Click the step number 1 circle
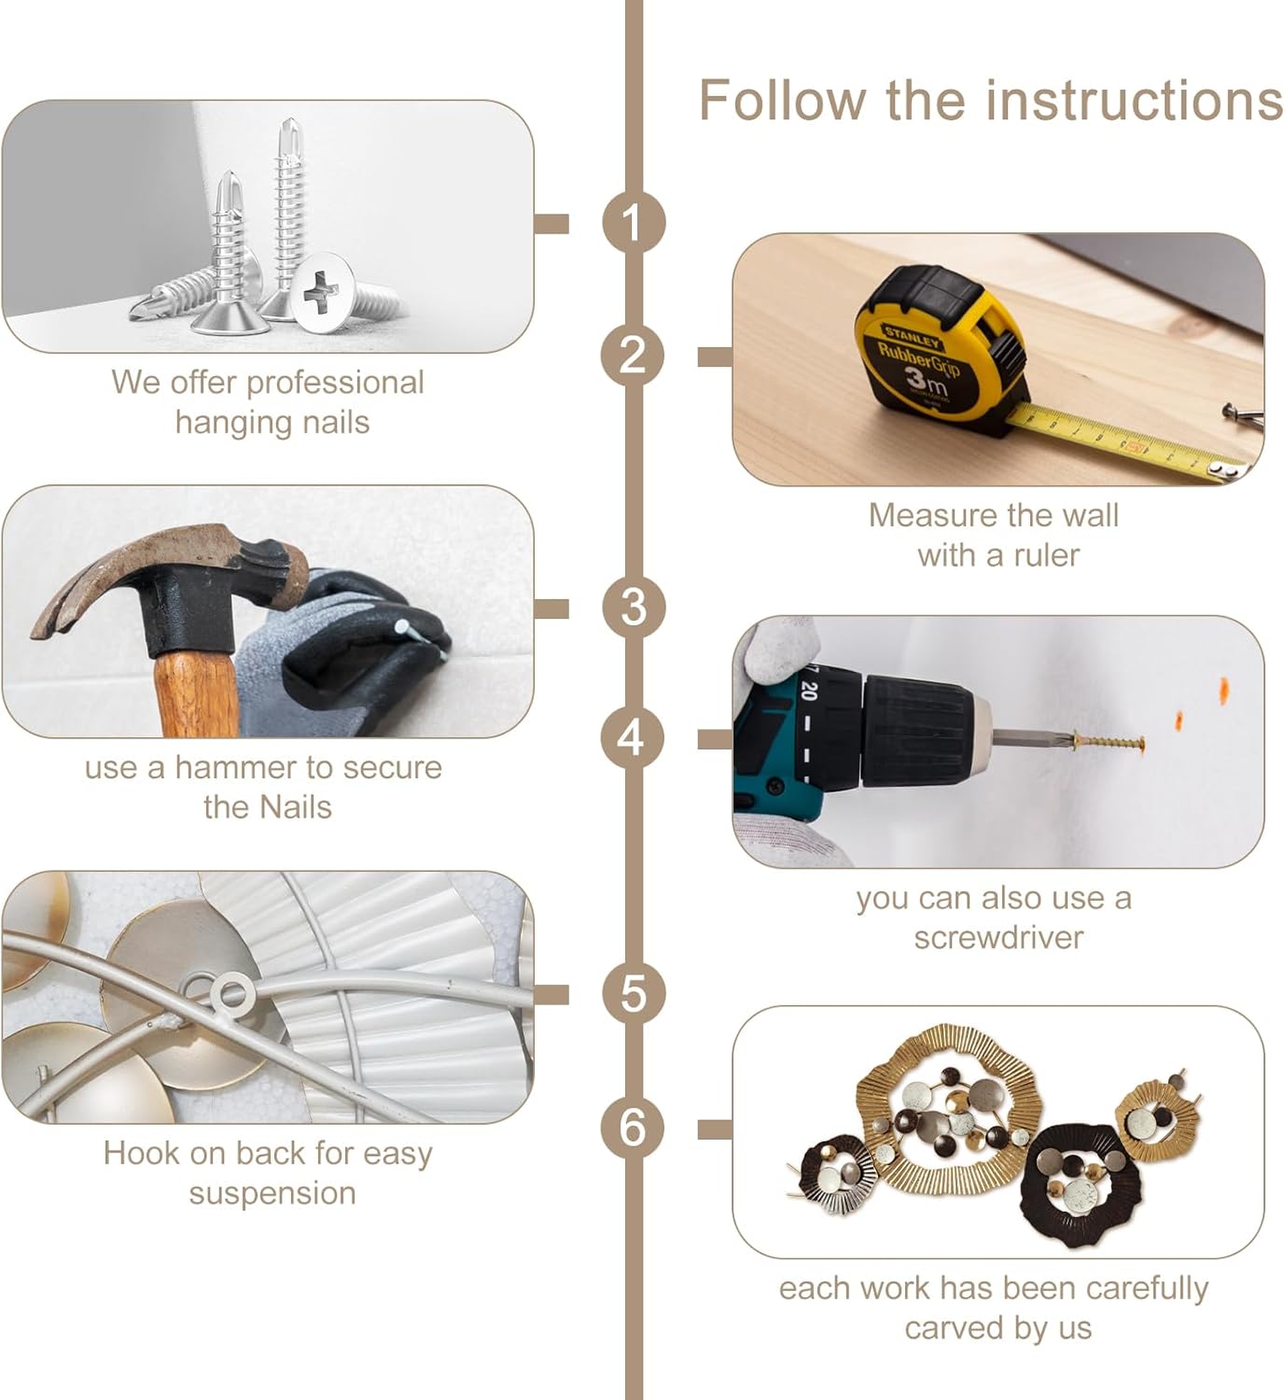click(633, 223)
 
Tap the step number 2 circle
click(633, 356)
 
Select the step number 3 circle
click(633, 608)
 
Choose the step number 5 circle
click(633, 993)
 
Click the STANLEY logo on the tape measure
click(913, 336)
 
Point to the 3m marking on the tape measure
click(927, 381)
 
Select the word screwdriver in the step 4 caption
click(999, 937)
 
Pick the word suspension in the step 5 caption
click(272, 1194)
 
